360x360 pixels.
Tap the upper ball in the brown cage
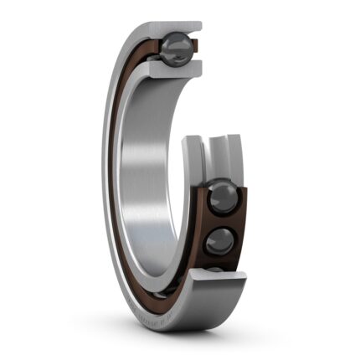(x=223, y=198)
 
